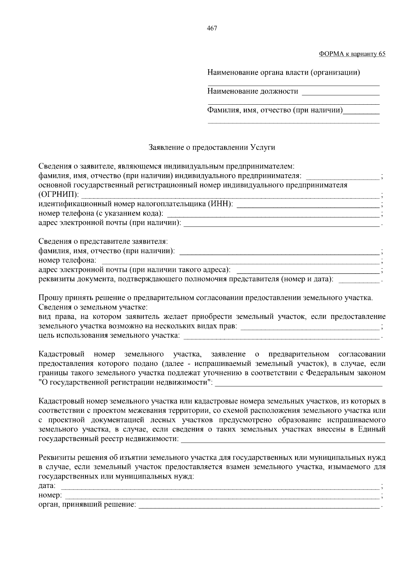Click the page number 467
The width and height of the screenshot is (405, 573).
click(212, 28)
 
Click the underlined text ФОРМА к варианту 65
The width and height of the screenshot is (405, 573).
click(352, 54)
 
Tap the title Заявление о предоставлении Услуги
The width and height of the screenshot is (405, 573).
click(212, 148)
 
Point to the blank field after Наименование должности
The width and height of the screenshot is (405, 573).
click(341, 92)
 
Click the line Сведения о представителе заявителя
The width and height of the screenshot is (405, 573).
click(103, 241)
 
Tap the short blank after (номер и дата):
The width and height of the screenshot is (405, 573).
click(359, 279)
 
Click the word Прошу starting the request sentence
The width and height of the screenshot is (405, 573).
click(49, 298)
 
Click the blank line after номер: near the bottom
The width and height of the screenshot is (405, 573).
click(222, 496)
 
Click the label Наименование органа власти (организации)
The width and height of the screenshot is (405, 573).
click(283, 73)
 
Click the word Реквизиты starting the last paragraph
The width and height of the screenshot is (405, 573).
click(57, 458)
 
